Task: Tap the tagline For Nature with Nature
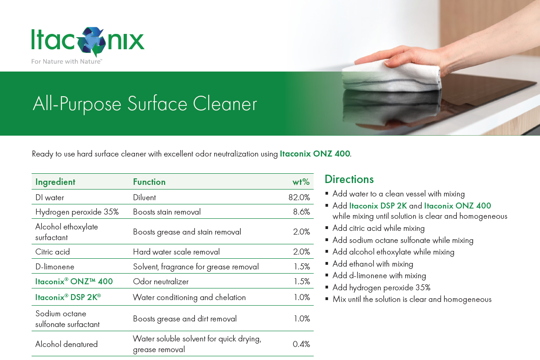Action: point(66,61)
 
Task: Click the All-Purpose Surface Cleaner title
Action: point(145,104)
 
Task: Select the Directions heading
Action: point(349,179)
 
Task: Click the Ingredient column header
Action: point(55,182)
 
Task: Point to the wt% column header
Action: point(301,182)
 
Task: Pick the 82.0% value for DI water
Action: point(299,197)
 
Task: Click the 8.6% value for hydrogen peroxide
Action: point(301,212)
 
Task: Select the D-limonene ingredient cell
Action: point(55,267)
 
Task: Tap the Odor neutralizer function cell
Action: point(161,281)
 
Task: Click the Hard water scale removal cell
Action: point(176,252)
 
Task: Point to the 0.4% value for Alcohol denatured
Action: point(301,344)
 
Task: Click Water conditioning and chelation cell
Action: point(189,297)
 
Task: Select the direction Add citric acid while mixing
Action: point(378,228)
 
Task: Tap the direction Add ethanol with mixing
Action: point(373,264)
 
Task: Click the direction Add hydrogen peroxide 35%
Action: point(381,288)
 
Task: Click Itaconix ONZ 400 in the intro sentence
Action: point(315,154)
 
